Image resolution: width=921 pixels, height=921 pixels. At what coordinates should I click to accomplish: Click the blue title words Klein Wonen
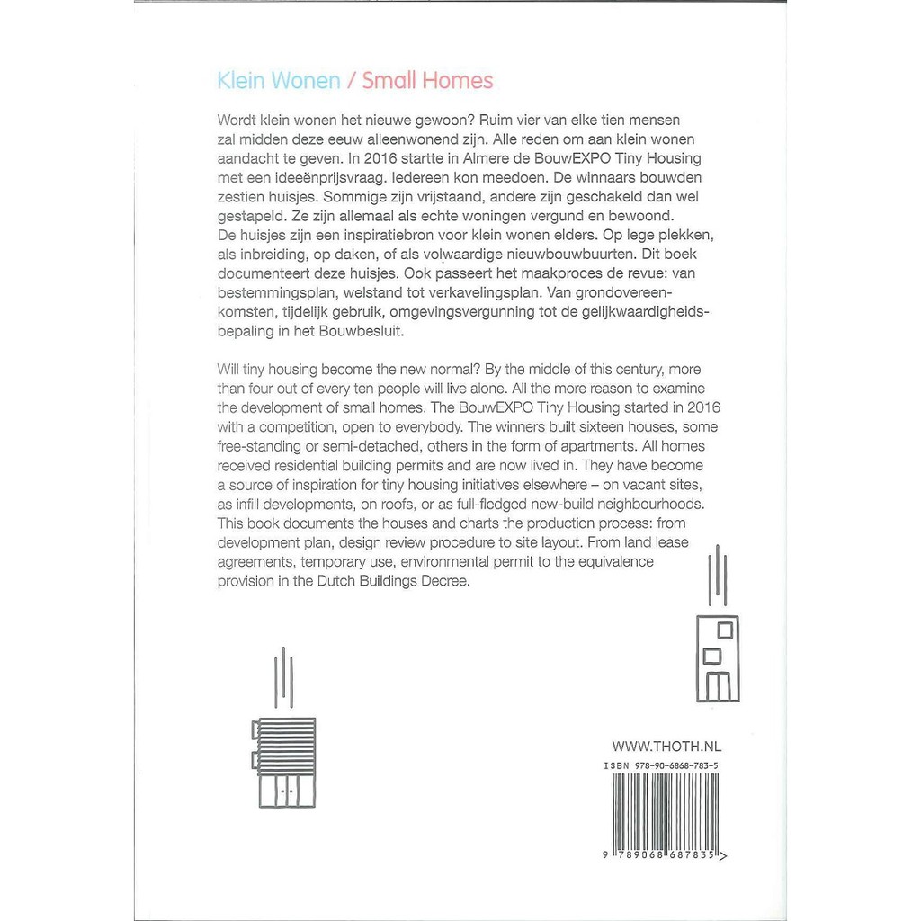tap(279, 81)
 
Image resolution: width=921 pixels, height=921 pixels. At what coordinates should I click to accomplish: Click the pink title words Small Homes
tap(427, 81)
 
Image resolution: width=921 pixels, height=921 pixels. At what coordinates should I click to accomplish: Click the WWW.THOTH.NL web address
tap(666, 746)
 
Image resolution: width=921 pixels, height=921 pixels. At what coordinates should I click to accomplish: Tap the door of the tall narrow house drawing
tap(717, 685)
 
